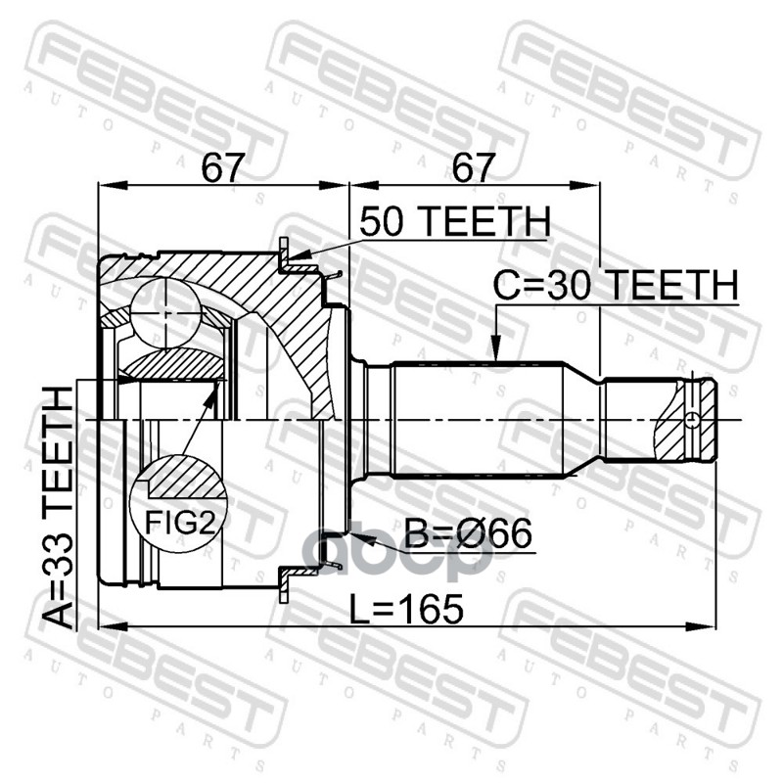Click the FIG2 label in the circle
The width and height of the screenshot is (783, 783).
pos(179,523)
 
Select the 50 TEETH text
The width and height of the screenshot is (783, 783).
pos(454,222)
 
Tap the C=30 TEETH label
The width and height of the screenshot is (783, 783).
pos(616,285)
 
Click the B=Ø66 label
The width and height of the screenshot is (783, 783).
pos(468,533)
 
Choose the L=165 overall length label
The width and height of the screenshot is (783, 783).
pos(406,609)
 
